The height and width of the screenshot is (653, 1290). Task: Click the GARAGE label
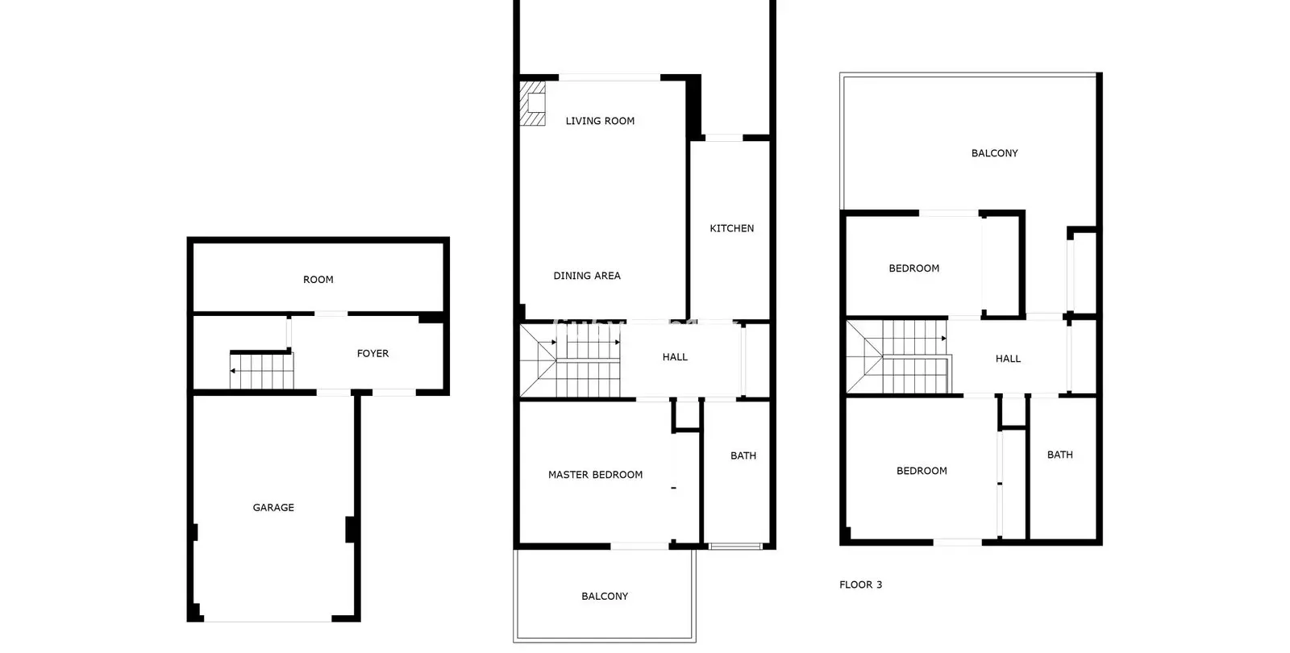pos(273,507)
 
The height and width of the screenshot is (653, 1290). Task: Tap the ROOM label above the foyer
pos(318,279)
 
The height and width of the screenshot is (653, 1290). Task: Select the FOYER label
pos(372,353)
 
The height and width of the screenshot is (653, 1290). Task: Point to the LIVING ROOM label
pos(600,120)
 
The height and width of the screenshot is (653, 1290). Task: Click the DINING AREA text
pos(587,275)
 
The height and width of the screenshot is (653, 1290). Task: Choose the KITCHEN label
pos(731,228)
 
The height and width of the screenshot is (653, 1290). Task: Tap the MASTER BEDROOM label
pos(595,475)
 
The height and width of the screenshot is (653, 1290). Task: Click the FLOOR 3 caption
pos(860,584)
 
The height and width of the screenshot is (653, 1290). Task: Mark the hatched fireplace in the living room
pos(533,103)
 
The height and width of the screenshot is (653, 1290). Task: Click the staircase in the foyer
pos(261,370)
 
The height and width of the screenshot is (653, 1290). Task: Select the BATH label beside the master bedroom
pos(743,455)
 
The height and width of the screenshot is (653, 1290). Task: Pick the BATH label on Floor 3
pos(1059,455)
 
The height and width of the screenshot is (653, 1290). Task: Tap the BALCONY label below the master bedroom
pos(604,596)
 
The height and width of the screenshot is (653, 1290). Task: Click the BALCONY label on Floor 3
pos(995,152)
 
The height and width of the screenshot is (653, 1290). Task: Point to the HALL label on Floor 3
pos(1008,358)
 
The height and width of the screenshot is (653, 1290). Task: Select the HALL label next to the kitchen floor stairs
pos(674,356)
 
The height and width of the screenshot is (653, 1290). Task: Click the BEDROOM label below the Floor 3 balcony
pos(913,268)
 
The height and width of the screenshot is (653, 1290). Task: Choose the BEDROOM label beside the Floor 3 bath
pos(922,471)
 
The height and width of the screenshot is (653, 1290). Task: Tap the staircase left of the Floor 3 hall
pos(898,357)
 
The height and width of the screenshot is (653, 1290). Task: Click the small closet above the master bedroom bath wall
pos(686,414)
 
